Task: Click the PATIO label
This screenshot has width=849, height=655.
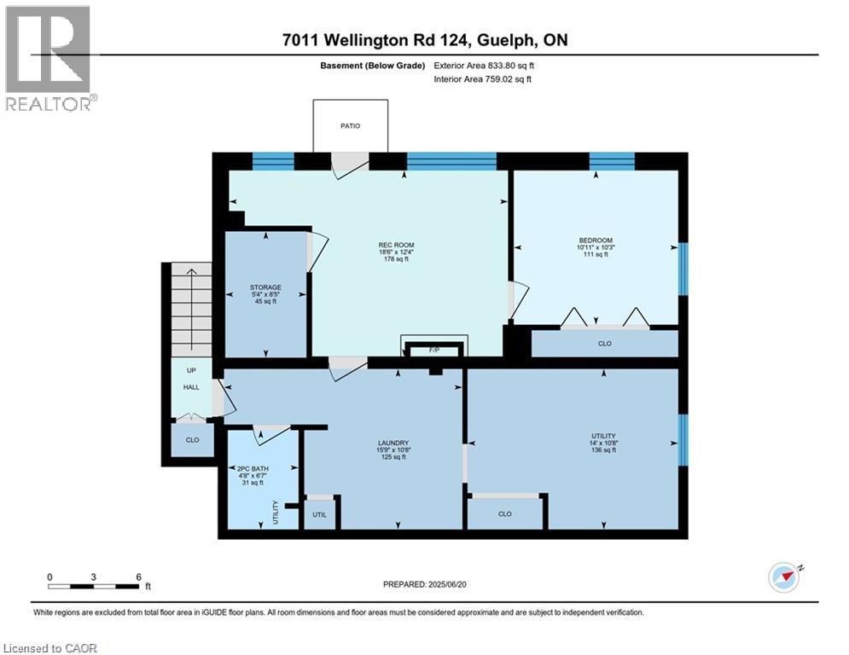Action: (350, 126)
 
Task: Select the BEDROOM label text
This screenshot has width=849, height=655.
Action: (596, 241)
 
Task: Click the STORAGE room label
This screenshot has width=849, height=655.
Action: (265, 287)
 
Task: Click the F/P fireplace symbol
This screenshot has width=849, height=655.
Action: (433, 350)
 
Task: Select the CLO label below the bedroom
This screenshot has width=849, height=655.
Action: (604, 344)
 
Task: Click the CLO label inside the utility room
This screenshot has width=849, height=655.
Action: (504, 514)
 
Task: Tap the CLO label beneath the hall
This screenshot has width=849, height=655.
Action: (192, 440)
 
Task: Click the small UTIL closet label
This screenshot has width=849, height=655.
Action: (320, 514)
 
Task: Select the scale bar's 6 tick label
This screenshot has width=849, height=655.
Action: (138, 577)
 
